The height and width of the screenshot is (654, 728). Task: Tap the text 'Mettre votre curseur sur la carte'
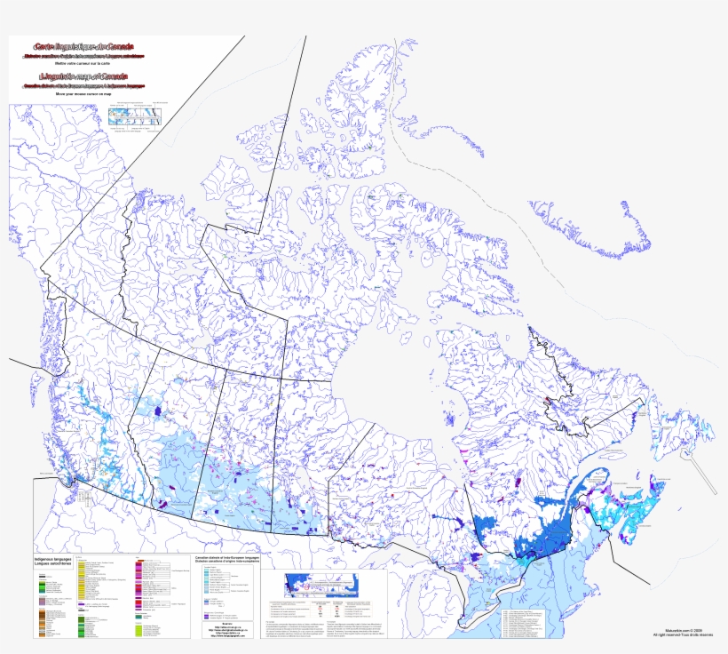click(84, 63)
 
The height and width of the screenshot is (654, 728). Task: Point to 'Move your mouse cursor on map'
click(84, 93)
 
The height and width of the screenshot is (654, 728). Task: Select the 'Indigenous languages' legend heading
click(53, 559)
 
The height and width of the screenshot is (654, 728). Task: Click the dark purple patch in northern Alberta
click(161, 412)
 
